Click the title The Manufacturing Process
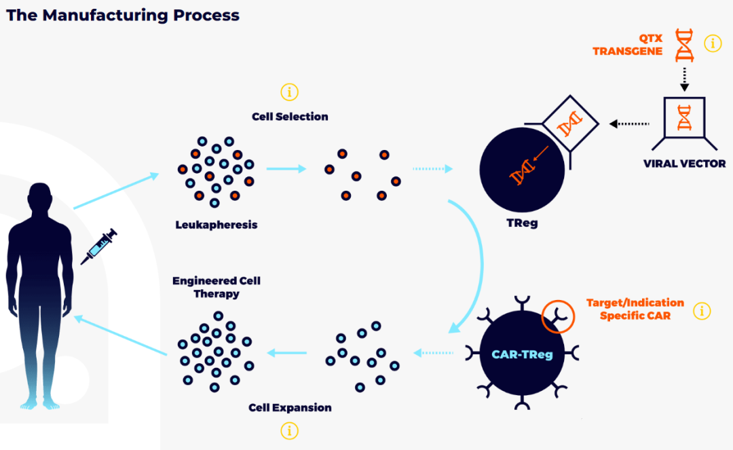[x=122, y=16]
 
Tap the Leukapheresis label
[x=217, y=225]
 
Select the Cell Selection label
[x=290, y=116]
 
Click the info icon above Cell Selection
[x=289, y=92]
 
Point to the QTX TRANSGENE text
[x=627, y=45]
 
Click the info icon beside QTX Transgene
[x=713, y=43]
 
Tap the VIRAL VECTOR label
[x=684, y=164]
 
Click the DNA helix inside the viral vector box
[x=684, y=117]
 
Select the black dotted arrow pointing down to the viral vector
[x=684, y=79]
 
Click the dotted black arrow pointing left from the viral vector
[x=629, y=124]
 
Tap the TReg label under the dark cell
[x=522, y=223]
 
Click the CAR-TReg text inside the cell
[x=522, y=355]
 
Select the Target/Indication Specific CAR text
[x=635, y=309]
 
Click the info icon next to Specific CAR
[x=702, y=311]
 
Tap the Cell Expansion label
[x=290, y=407]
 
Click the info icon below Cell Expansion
[x=289, y=431]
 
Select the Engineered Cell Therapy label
[x=217, y=287]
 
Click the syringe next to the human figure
[x=98, y=247]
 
